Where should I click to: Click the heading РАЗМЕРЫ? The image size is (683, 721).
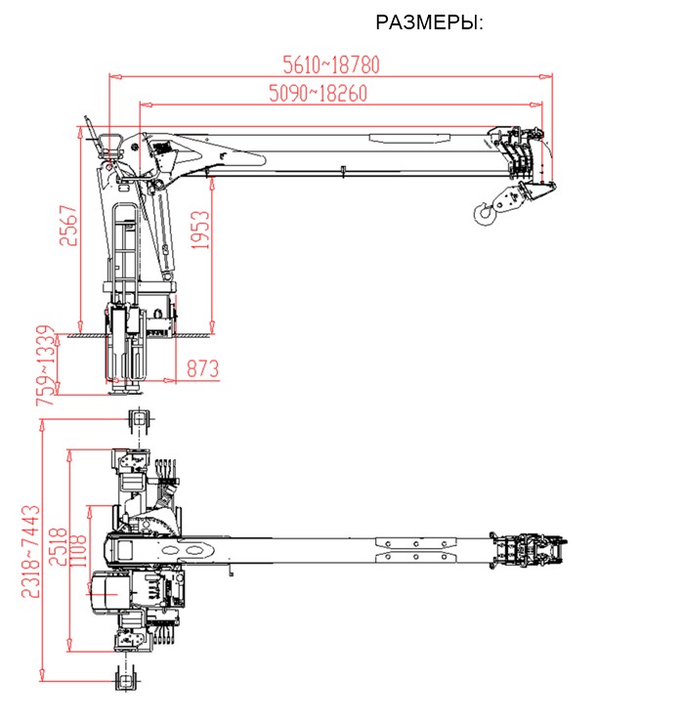click(429, 22)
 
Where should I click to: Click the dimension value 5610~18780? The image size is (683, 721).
click(331, 64)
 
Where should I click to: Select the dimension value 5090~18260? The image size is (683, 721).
click(319, 94)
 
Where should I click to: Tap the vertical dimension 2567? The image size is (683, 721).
click(68, 226)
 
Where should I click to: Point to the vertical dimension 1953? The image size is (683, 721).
click(200, 230)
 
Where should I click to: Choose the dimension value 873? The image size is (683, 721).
click(203, 368)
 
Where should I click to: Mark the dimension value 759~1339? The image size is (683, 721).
click(46, 365)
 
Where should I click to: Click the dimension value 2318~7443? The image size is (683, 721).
click(31, 551)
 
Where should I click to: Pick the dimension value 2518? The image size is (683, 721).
click(59, 547)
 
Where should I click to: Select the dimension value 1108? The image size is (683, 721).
click(78, 550)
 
